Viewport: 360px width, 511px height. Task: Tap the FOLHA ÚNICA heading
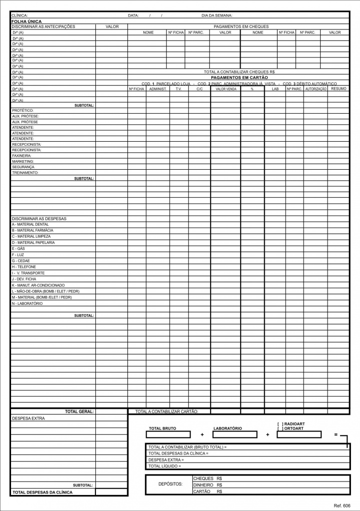click(x=26, y=21)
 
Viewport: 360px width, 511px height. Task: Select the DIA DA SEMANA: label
click(x=217, y=16)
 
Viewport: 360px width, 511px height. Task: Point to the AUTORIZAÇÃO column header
click(x=316, y=89)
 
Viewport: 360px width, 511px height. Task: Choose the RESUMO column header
click(x=339, y=88)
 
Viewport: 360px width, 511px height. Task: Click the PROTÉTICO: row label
click(x=23, y=110)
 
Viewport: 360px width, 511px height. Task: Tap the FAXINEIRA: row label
click(x=22, y=156)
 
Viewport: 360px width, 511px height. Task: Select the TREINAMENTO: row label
click(x=25, y=173)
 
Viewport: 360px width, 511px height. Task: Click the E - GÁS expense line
click(x=18, y=249)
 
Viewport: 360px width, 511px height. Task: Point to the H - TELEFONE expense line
click(x=24, y=267)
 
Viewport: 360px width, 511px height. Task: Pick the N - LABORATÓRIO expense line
click(x=27, y=303)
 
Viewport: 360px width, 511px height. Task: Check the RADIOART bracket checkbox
click(x=280, y=424)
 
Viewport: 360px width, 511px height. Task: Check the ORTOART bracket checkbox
click(x=280, y=429)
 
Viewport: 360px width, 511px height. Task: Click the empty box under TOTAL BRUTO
click(x=168, y=435)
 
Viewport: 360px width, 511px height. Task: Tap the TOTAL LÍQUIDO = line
click(x=165, y=466)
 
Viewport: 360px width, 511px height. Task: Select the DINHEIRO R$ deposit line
click(x=207, y=485)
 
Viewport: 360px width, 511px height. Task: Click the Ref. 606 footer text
click(x=343, y=506)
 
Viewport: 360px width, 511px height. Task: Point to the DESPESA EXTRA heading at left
click(x=28, y=419)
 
